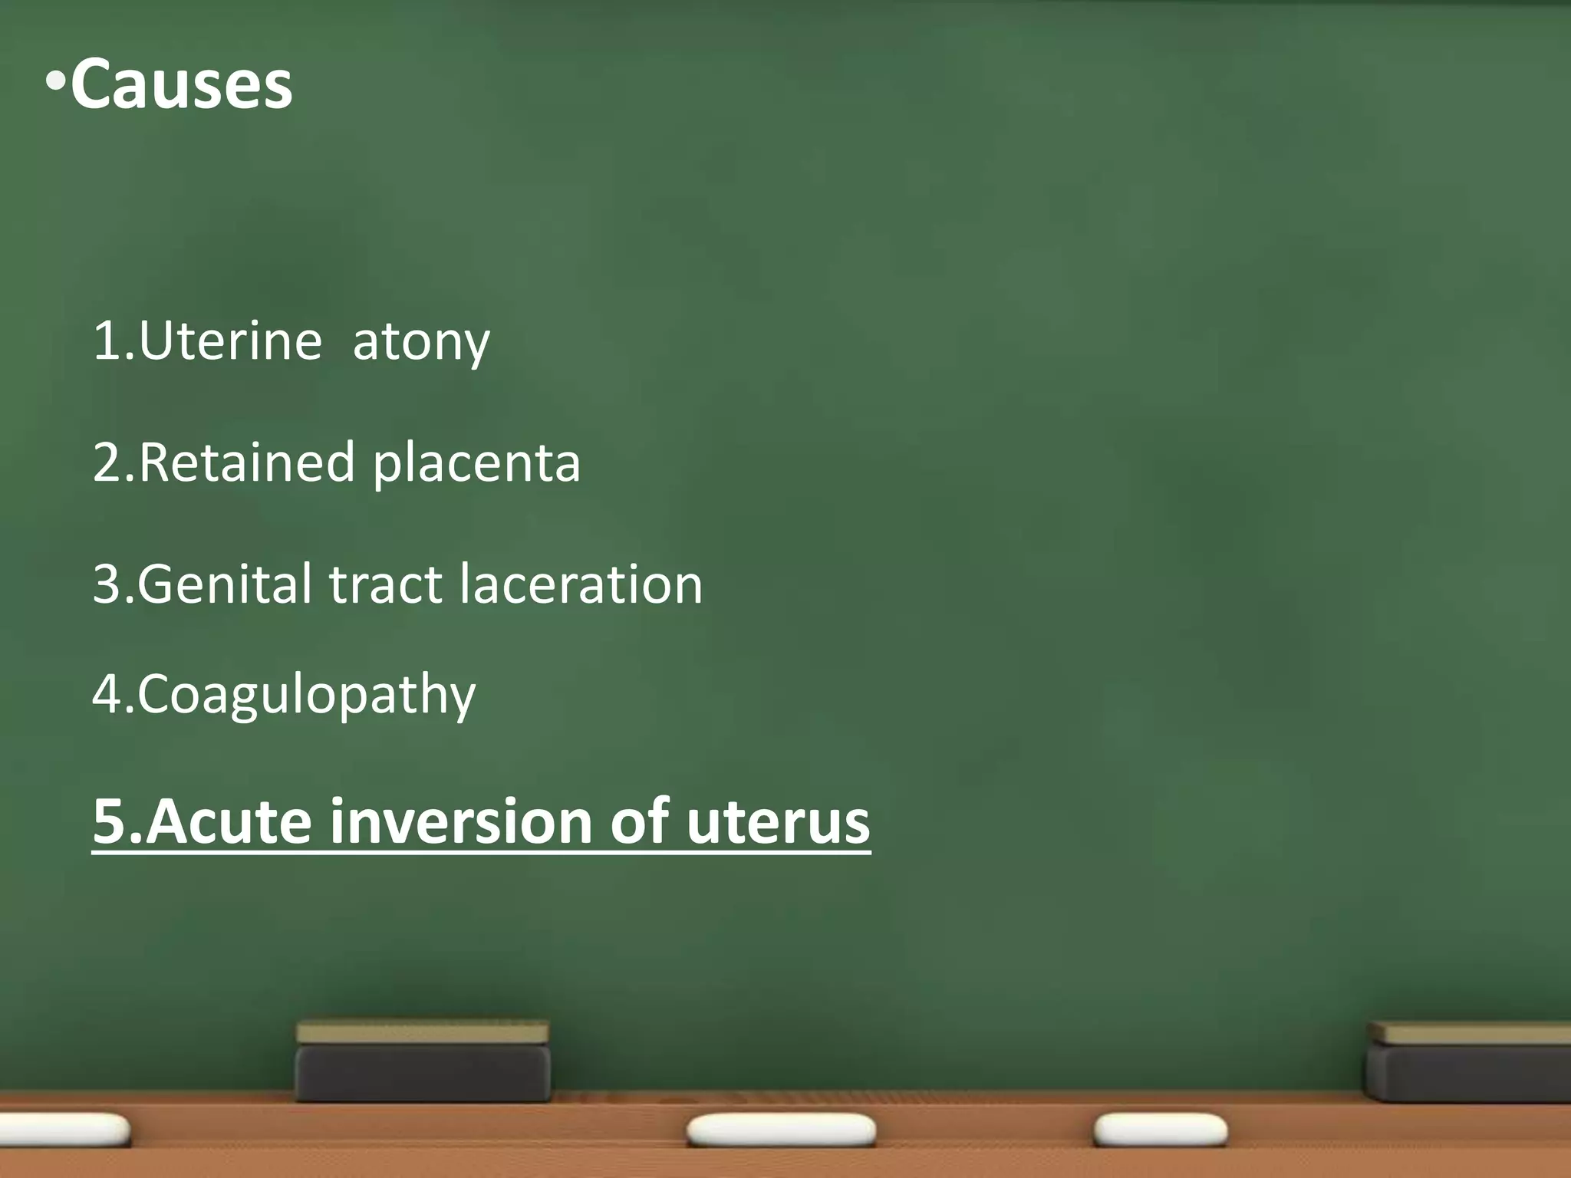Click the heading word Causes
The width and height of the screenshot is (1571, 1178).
click(x=181, y=84)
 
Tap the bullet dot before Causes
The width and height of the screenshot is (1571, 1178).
click(x=55, y=81)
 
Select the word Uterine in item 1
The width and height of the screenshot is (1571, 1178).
click(x=230, y=341)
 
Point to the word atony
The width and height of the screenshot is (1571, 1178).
click(x=420, y=342)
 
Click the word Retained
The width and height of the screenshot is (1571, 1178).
click(x=247, y=462)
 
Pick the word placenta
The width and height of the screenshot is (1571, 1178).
click(x=476, y=464)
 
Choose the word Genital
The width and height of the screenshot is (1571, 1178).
click(x=226, y=584)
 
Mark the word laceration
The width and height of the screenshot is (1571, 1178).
click(x=581, y=584)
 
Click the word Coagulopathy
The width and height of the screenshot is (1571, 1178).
click(x=306, y=695)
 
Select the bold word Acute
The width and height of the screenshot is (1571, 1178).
click(x=229, y=821)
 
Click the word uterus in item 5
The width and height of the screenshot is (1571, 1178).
click(x=778, y=821)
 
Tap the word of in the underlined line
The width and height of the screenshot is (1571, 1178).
click(x=640, y=821)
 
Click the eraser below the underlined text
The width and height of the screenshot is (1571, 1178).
click(x=423, y=1062)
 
